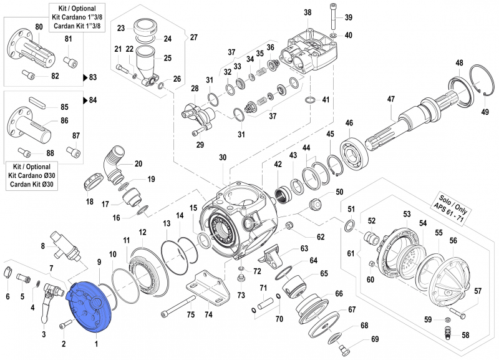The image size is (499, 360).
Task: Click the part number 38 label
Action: [x=307, y=12]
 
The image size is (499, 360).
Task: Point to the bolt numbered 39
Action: [x=331, y=17]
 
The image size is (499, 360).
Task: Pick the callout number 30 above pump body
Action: [x=223, y=158]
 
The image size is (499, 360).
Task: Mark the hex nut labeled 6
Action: [x=7, y=272]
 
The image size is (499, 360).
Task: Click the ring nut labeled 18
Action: [x=92, y=184]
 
